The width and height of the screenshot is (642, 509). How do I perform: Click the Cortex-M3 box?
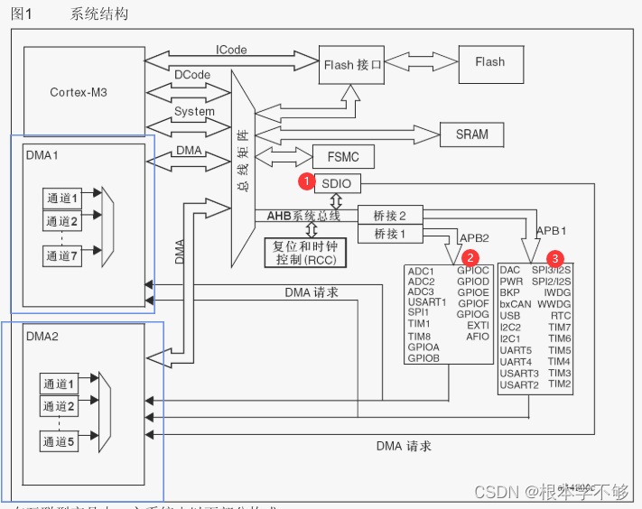[79, 92]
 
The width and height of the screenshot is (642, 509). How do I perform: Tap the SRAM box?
[471, 134]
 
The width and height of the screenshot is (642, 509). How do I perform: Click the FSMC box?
[336, 157]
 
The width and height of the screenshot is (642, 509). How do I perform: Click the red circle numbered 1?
[307, 181]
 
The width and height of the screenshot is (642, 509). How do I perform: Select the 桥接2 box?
[389, 216]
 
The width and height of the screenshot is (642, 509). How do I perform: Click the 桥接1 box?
[389, 235]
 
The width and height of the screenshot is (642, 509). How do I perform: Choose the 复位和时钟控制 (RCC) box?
[305, 253]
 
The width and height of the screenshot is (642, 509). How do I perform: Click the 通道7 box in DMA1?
[62, 256]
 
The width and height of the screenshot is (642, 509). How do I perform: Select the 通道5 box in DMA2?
[62, 441]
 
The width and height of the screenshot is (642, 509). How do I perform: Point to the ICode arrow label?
[231, 50]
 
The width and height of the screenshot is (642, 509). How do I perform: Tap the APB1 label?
[552, 230]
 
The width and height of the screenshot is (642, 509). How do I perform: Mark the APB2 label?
[475, 238]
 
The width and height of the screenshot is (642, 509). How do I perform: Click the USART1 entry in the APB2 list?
[427, 302]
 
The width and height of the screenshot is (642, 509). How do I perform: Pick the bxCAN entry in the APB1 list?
[516, 304]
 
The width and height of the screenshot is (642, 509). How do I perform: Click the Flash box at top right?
[489, 62]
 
